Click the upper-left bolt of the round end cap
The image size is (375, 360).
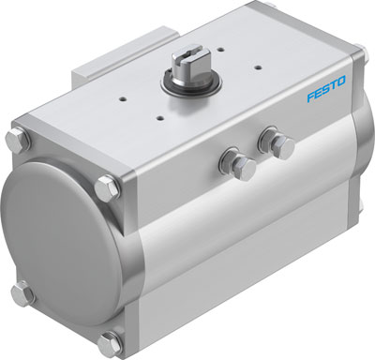pos(18,142)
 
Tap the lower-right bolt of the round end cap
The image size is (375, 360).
pos(112,338)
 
